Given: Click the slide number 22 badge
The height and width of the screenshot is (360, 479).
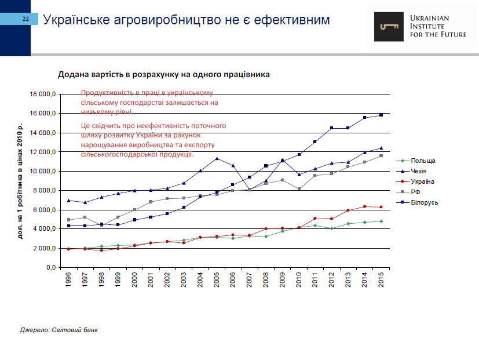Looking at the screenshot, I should (x=25, y=20).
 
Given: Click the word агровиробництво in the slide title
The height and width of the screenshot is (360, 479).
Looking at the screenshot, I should (x=149, y=20).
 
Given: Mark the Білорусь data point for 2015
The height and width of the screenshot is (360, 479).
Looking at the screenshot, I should (x=381, y=115).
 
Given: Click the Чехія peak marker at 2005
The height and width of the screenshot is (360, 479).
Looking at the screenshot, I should (x=217, y=158).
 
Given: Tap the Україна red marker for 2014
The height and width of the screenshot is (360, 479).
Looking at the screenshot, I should (x=364, y=206).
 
